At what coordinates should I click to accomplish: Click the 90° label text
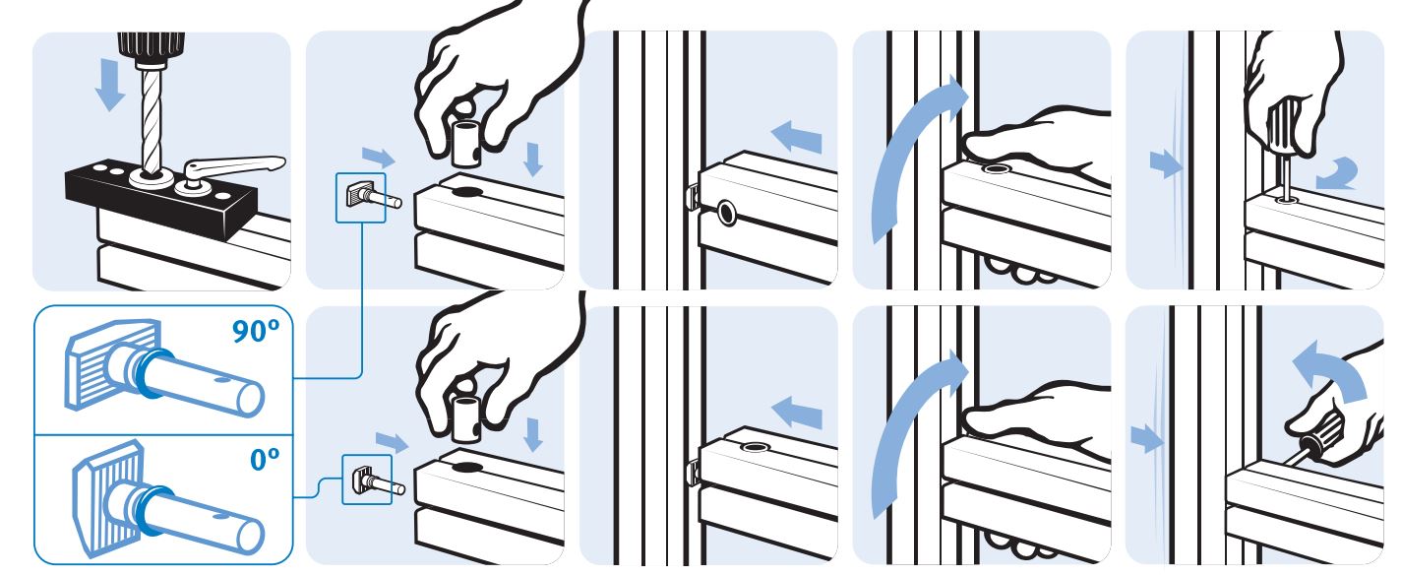(x=255, y=331)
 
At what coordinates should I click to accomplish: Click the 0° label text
(x=265, y=460)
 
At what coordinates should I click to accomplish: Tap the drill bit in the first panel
(x=152, y=119)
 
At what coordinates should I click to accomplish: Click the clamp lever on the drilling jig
(x=231, y=169)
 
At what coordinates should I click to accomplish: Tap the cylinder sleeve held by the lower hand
(x=466, y=418)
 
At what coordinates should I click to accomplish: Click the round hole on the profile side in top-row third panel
(x=726, y=213)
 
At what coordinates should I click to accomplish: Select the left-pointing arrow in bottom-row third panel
(x=796, y=413)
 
